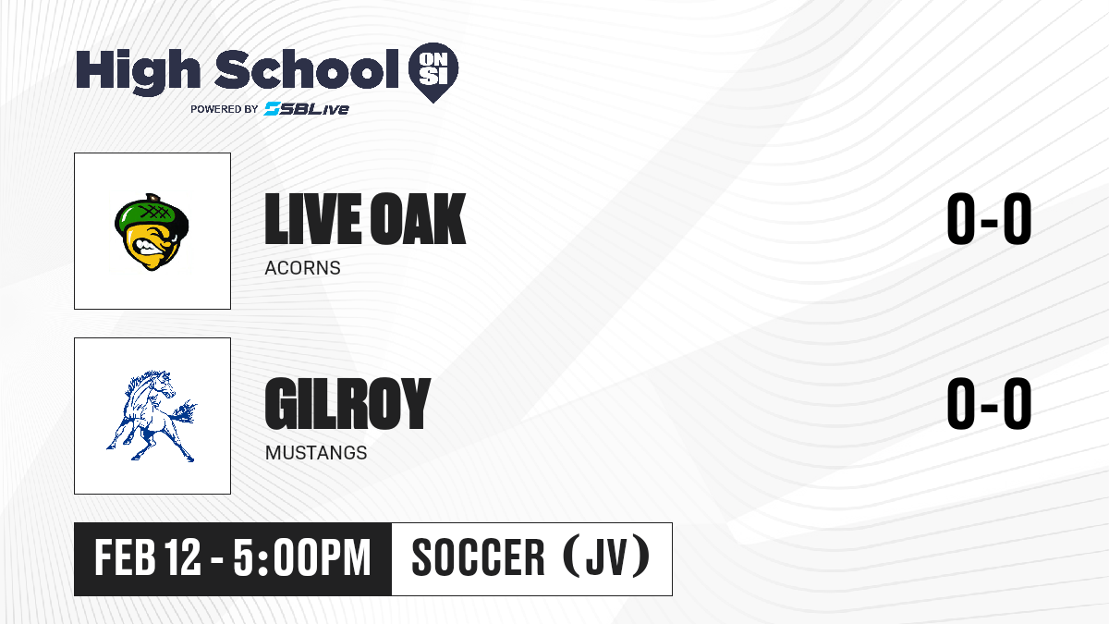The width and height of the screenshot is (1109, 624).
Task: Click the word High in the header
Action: (x=138, y=71)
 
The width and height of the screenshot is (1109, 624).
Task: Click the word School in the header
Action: (x=307, y=69)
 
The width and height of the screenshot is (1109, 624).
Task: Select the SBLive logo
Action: (x=307, y=108)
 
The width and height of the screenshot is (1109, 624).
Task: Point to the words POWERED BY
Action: (x=225, y=109)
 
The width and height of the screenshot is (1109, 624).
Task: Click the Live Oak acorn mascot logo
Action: (x=152, y=232)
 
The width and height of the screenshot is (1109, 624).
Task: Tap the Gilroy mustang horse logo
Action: (x=152, y=416)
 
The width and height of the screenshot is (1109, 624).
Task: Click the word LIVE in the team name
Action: (x=313, y=219)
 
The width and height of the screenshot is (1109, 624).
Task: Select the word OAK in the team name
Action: (x=419, y=219)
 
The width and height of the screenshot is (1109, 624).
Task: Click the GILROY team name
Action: (x=348, y=404)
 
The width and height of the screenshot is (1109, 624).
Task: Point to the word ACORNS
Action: (x=302, y=268)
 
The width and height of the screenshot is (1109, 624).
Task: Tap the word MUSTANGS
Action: (x=316, y=453)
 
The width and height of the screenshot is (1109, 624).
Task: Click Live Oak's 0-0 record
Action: (x=989, y=219)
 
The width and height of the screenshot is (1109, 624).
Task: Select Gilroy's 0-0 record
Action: (x=989, y=404)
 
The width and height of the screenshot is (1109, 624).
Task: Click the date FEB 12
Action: (x=148, y=557)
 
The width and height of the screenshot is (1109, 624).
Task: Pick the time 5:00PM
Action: (x=302, y=557)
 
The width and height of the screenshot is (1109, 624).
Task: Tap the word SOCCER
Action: (x=479, y=557)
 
